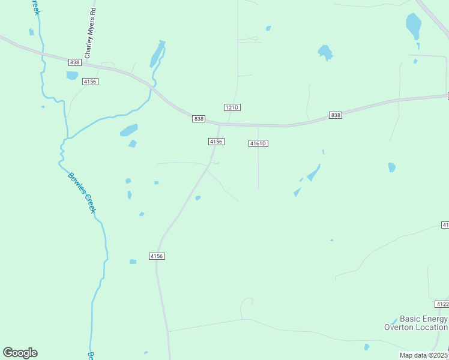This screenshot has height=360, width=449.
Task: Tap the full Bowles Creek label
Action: [x=82, y=193]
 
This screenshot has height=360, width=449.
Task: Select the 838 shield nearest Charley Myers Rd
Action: [x=74, y=62]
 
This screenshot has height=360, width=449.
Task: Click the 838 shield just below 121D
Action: [x=199, y=119]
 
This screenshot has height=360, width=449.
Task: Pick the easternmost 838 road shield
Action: [x=336, y=115]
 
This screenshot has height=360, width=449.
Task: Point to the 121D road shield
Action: [x=232, y=107]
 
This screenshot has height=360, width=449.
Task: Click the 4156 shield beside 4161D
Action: [x=216, y=142]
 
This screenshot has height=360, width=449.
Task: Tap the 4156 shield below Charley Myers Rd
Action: [x=91, y=82]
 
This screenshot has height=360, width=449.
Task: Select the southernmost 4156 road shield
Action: [x=157, y=256]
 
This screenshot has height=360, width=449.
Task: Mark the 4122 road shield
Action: [x=442, y=304]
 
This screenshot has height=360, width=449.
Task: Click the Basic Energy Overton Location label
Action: [x=416, y=323]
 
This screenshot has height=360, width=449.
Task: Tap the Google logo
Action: [x=20, y=353]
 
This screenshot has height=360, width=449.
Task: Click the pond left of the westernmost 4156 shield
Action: [x=72, y=76]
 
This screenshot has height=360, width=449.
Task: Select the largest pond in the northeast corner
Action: [x=414, y=26]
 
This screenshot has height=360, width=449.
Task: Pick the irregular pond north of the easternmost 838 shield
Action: [x=325, y=52]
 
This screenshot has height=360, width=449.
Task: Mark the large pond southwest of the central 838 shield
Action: [x=128, y=130]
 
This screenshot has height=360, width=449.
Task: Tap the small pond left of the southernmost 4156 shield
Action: [x=133, y=262]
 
